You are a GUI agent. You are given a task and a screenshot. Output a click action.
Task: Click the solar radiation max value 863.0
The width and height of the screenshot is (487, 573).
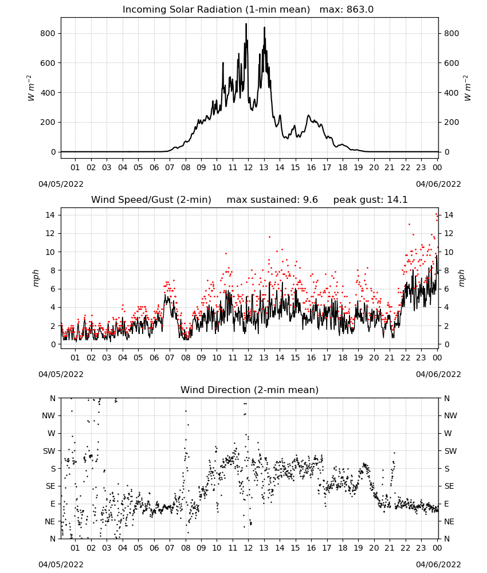360,10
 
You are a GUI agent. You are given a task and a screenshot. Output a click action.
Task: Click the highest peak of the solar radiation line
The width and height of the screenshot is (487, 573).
246,23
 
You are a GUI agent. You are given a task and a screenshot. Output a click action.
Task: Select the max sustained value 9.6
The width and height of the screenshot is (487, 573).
310,200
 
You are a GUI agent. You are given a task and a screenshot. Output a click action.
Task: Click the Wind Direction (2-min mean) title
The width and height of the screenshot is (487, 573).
250,390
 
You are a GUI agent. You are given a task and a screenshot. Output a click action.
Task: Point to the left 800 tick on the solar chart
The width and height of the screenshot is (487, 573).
48,34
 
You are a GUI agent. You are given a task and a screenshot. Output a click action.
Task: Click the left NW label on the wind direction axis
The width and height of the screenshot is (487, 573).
49,415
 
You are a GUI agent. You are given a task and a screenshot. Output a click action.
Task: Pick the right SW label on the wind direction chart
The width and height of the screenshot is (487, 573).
450,451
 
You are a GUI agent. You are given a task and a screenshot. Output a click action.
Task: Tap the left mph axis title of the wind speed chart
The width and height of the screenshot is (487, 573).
36,278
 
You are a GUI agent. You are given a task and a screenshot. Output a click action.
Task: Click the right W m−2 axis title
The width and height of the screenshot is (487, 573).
468,88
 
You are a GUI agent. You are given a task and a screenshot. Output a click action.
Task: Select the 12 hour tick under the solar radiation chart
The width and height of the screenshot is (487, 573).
248,167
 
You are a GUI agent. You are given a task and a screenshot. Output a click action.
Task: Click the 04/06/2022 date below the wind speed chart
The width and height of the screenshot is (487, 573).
438,374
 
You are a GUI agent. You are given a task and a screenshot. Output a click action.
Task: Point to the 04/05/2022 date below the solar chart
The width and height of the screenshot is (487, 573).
61,184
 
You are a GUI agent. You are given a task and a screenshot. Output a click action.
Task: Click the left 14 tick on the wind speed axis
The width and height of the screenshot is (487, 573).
50,215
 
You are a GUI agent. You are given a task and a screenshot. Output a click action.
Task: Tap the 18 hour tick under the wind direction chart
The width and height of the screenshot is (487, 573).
342,548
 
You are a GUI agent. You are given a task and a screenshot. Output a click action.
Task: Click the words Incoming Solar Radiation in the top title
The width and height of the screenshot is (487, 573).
182,10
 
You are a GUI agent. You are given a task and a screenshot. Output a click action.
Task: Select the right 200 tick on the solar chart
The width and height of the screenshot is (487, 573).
451,123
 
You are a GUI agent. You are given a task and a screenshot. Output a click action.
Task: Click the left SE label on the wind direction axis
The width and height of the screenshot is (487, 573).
50,486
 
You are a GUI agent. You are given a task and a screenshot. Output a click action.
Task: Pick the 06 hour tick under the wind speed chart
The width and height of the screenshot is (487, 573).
154,358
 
